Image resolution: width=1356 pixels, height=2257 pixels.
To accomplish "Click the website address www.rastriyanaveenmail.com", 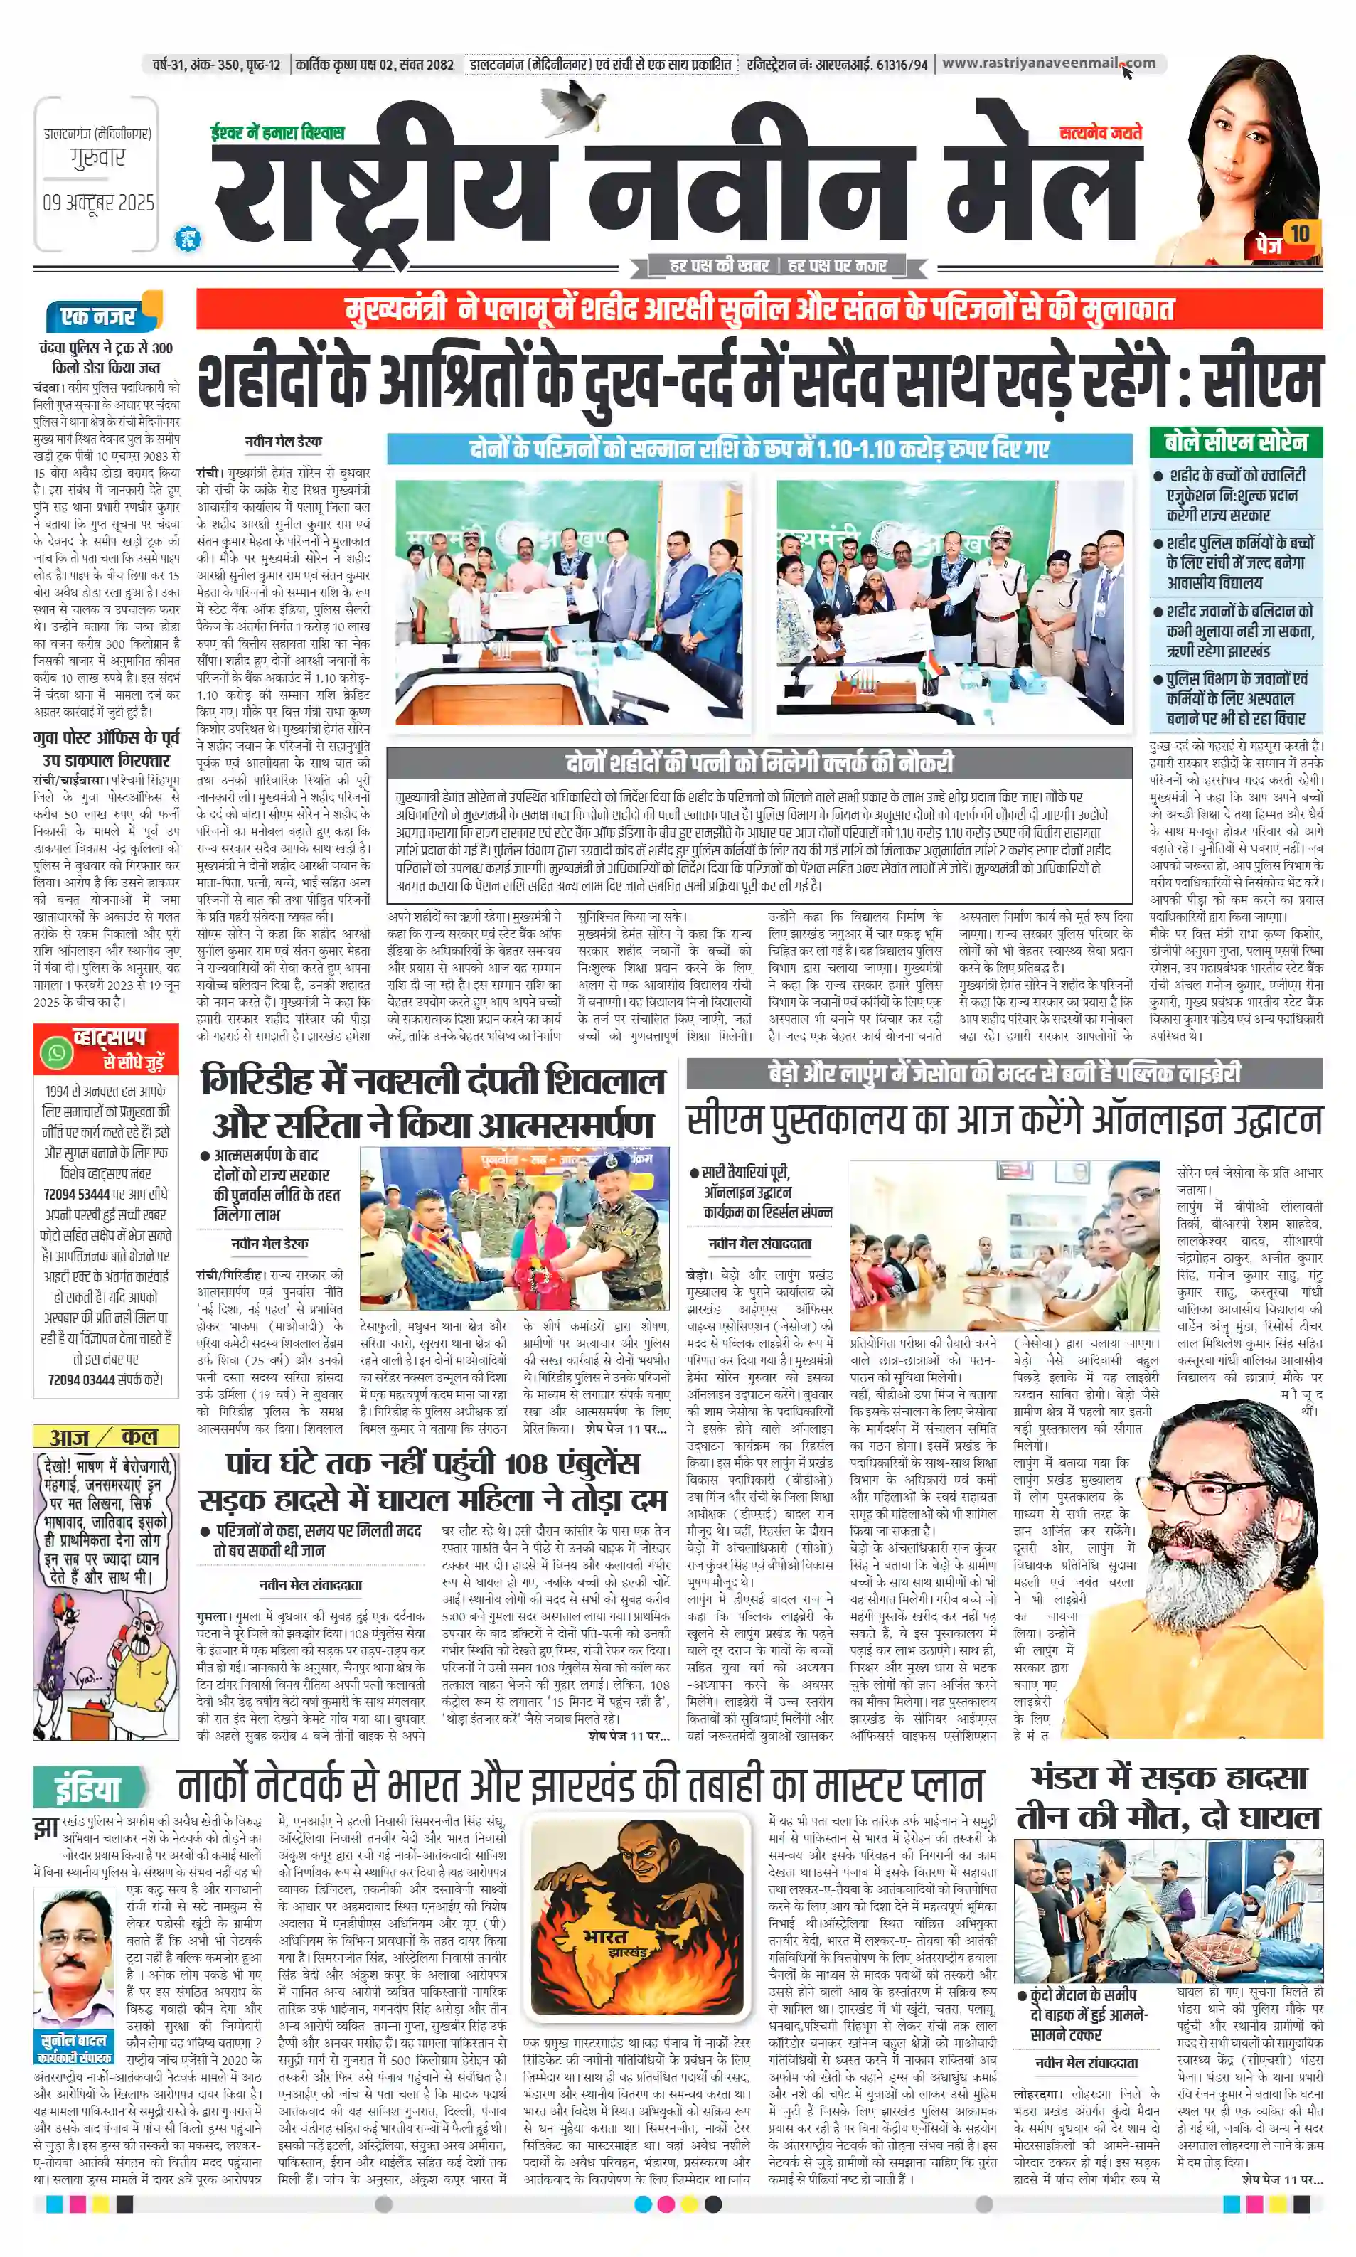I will click(x=1048, y=63).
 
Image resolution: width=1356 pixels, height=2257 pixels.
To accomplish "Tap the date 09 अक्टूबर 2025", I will click(x=97, y=202).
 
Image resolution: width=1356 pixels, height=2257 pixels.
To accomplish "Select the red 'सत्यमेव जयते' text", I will click(x=1100, y=134).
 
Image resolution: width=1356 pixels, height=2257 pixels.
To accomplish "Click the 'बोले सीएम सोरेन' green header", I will click(x=1235, y=442).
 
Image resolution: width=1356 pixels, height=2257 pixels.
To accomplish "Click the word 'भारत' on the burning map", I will click(x=606, y=1936).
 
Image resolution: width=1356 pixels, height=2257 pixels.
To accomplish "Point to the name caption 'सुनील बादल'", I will click(x=73, y=2040).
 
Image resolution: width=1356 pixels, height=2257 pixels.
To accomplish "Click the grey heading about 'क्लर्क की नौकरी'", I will click(x=759, y=762).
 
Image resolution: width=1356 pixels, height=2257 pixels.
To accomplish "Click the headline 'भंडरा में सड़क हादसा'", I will click(x=1169, y=1778).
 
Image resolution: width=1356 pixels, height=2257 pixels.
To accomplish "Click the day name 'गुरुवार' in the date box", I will click(x=97, y=158).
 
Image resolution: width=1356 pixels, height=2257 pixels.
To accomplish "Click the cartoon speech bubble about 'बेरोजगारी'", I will click(x=105, y=1517).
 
